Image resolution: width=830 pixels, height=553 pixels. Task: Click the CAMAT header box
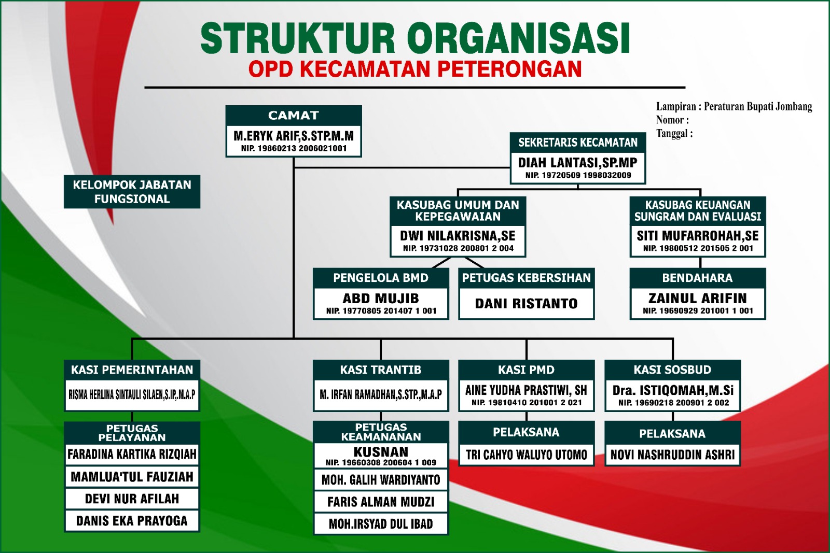pos(294,116)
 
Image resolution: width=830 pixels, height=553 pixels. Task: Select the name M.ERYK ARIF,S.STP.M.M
pos(294,136)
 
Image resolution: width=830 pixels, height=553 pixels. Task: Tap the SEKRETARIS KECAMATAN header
pos(578,143)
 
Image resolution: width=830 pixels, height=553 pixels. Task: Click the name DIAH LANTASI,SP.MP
pos(578,163)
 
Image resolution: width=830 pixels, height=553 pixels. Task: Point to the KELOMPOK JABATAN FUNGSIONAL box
pos(132,192)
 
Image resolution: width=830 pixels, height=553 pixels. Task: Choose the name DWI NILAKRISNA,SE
pos(458,236)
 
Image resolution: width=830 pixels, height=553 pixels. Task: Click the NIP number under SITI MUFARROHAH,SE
pos(698,248)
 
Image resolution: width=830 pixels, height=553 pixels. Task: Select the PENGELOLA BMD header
pos(381,278)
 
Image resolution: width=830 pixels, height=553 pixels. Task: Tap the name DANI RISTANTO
pos(526,304)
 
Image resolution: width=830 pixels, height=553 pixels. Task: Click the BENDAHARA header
pos(697,278)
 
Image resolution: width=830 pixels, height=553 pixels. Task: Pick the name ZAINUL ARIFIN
pos(697,299)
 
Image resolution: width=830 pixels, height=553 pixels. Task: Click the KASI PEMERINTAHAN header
pos(132,370)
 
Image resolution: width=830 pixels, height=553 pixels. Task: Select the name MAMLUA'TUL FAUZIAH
pos(132,477)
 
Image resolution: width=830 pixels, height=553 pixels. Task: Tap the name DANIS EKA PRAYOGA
pos(132,521)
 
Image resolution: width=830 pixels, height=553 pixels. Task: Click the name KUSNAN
pos(381,452)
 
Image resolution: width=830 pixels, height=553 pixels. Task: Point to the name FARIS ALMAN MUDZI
pos(381,502)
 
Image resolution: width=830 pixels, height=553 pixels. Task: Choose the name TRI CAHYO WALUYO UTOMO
pos(526,455)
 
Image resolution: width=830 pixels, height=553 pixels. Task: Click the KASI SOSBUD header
pos(672,370)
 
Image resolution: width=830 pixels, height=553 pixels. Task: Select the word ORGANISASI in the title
pos(518,38)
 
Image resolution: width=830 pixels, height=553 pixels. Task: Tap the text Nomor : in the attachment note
pos(672,120)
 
